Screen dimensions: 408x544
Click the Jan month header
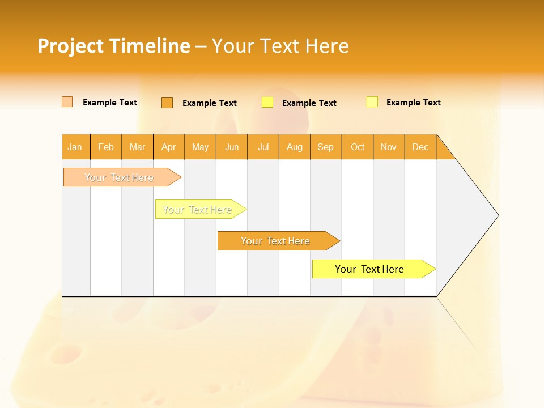[x=75, y=147]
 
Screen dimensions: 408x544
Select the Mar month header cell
[x=137, y=147]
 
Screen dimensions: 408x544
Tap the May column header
[x=200, y=147]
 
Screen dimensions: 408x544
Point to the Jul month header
[x=263, y=147]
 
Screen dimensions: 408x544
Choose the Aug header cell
[x=294, y=147]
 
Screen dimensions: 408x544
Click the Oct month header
[x=358, y=147]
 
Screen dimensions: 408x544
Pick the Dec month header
[x=420, y=147]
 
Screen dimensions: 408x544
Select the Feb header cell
[x=106, y=147]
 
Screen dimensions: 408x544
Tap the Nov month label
[x=389, y=147]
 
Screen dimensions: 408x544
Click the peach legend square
[x=67, y=102]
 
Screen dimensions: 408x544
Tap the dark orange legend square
[x=167, y=103]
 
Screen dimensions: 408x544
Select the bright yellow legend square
[x=267, y=103]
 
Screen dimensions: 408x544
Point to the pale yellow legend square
[x=372, y=102]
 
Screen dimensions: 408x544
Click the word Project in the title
[x=71, y=46]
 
